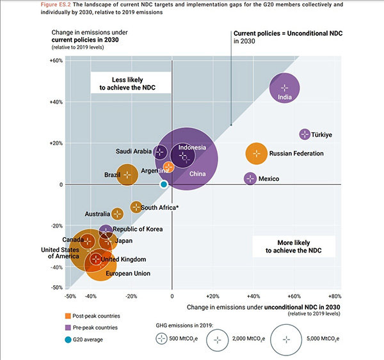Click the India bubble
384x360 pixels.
tap(285, 87)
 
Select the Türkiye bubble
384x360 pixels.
tap(305, 134)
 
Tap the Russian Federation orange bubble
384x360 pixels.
tap(257, 153)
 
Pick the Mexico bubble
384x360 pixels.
tap(250, 178)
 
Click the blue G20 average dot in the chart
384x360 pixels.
tap(164, 184)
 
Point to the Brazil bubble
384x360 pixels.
tap(127, 174)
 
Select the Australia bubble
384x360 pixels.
tap(117, 214)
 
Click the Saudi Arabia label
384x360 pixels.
tap(133, 152)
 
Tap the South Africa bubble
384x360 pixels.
tap(136, 207)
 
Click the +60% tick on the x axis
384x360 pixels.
tap(294, 297)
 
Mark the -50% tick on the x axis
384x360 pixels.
tap(71, 297)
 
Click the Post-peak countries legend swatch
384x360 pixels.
tap(67, 316)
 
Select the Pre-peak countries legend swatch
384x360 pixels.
tap(67, 327)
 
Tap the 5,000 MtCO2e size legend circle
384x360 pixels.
tap(286, 338)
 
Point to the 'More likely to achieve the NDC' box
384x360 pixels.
tap(290, 246)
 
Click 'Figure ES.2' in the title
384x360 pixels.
tap(61, 4)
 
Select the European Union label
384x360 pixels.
tap(129, 274)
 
